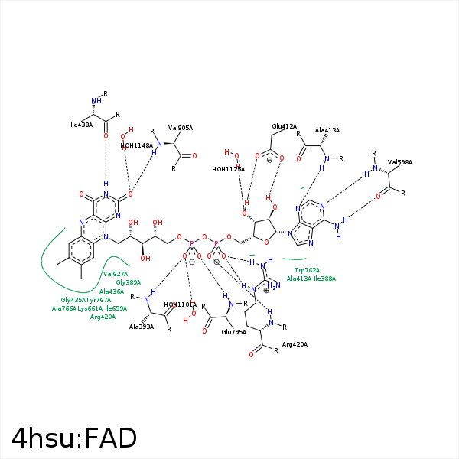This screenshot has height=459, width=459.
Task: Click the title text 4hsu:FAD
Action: tap(74, 438)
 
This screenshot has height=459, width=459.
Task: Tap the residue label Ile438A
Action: tap(81, 124)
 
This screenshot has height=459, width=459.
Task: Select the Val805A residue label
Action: tap(180, 128)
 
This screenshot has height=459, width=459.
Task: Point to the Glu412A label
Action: tap(284, 126)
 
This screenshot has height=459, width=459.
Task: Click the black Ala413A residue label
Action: tap(327, 131)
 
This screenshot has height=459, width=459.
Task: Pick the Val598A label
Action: tap(399, 162)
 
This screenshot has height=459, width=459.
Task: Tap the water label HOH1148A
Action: tap(137, 145)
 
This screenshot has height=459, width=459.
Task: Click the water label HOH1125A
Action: tap(228, 169)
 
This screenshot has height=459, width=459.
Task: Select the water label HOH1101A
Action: tap(181, 304)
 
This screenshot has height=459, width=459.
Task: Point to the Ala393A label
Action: tap(142, 327)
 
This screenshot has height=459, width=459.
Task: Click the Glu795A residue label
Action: tap(234, 332)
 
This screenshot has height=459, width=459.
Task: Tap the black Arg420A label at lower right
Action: tap(295, 345)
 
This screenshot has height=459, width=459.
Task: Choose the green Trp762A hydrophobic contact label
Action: tap(307, 270)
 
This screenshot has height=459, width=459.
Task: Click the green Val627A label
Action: tap(116, 274)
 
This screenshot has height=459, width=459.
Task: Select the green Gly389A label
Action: tap(129, 282)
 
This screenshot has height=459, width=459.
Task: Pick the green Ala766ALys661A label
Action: tap(77, 308)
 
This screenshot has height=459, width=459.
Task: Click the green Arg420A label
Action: tap(103, 317)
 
